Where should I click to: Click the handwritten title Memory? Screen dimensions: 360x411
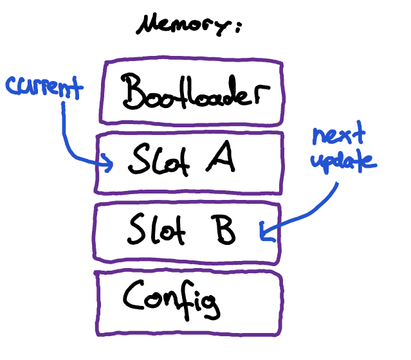point(188,26)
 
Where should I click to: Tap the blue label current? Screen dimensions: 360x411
point(44,87)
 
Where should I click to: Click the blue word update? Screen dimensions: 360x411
point(342,161)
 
